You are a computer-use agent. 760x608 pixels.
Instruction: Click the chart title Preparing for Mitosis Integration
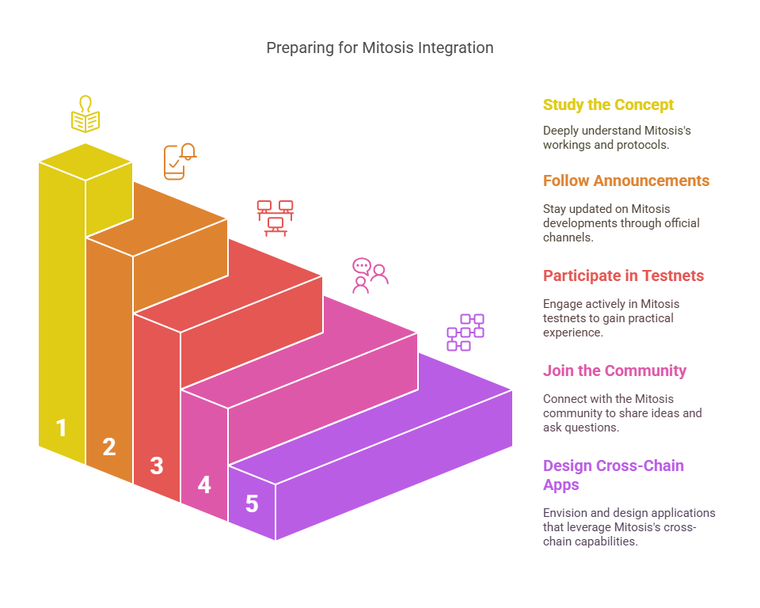(380, 48)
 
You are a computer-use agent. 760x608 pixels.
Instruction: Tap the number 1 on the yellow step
(61, 427)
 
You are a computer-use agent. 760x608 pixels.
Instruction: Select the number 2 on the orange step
(109, 446)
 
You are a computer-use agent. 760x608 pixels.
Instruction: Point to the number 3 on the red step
(157, 465)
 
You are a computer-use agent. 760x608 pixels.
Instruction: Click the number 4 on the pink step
(204, 484)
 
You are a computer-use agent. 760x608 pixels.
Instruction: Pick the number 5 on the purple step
(252, 503)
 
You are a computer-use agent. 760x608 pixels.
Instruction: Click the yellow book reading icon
(85, 114)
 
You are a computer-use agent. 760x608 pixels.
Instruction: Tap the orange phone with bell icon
(180, 161)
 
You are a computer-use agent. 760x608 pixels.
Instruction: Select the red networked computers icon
(275, 218)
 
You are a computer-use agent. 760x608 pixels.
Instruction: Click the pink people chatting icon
(370, 275)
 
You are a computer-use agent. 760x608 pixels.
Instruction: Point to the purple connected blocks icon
(465, 332)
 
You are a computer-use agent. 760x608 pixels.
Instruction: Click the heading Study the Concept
(608, 104)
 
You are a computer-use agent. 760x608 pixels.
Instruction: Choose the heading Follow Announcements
(626, 180)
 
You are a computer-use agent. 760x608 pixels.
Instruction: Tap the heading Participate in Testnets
(623, 275)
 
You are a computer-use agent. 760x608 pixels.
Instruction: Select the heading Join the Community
(614, 370)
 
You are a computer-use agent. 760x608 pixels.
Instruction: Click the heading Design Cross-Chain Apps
(614, 475)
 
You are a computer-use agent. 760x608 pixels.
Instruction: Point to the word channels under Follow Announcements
(568, 237)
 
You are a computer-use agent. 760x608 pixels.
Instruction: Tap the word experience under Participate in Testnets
(573, 332)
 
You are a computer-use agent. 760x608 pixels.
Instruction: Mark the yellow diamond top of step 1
(85, 162)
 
